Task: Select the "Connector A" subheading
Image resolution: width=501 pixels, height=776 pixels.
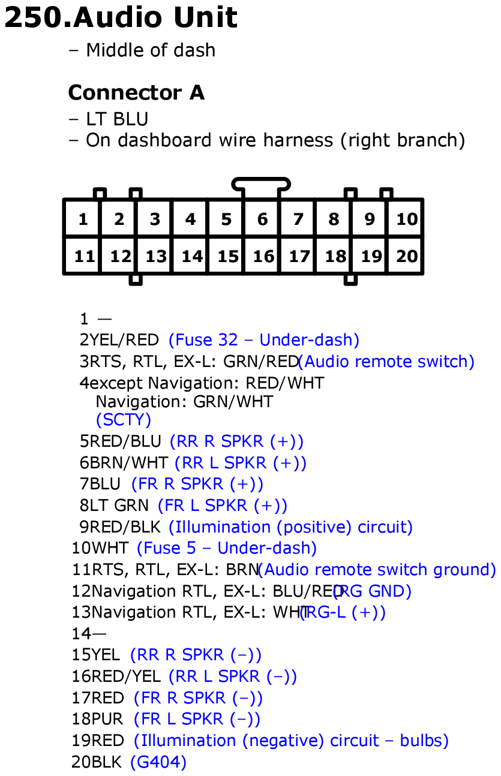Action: tap(136, 93)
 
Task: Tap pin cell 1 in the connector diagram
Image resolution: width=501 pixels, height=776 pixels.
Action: tap(82, 219)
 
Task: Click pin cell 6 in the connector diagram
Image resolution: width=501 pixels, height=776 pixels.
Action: tap(262, 219)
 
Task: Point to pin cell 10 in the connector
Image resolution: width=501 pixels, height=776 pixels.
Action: tap(406, 219)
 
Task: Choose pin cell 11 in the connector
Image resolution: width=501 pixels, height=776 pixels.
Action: tap(84, 257)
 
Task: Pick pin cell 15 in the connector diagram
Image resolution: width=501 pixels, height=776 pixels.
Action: tap(227, 257)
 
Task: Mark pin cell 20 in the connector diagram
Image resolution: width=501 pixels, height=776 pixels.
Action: tap(406, 257)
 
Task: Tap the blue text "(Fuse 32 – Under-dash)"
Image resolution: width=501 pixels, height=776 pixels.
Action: tap(264, 341)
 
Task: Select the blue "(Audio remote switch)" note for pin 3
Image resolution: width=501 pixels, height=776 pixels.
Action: tap(387, 362)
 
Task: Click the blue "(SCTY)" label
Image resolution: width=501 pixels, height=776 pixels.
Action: tap(124, 420)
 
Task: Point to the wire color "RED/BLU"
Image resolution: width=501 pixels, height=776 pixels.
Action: tap(125, 442)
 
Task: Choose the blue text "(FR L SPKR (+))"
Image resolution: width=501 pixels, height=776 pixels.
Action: tap(222, 506)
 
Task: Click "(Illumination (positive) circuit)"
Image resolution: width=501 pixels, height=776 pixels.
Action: tap(290, 528)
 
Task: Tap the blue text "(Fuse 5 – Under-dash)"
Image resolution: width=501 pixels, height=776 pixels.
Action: tap(227, 549)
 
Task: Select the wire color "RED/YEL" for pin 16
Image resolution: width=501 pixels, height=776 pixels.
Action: tap(125, 677)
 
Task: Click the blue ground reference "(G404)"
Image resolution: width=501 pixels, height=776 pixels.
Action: tap(158, 763)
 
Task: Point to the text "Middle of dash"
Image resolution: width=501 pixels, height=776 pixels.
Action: tap(150, 50)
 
